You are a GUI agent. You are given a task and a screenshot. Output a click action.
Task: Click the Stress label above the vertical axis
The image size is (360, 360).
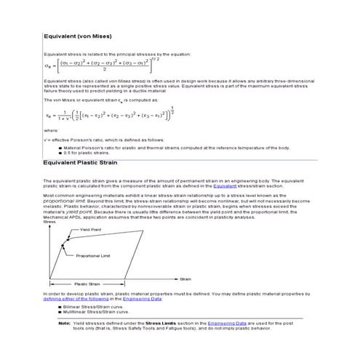click(49, 222)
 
